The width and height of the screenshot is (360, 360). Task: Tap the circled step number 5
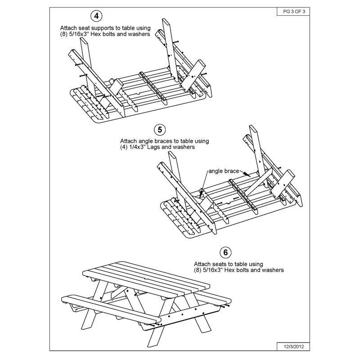click(x=159, y=130)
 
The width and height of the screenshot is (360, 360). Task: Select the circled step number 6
click(x=225, y=251)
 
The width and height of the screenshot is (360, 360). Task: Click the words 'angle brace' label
click(x=224, y=171)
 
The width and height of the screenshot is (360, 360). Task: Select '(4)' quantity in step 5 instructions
click(x=125, y=147)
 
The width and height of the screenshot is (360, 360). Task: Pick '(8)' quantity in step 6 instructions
click(x=198, y=270)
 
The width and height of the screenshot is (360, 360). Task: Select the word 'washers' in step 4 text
click(x=139, y=34)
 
